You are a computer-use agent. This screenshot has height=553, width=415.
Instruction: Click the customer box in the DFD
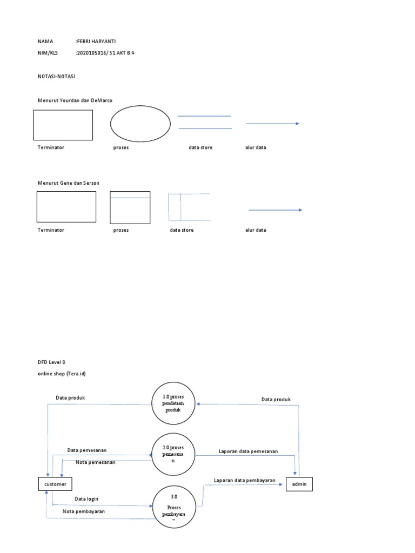(55, 484)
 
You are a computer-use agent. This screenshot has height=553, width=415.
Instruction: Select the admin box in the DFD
(299, 484)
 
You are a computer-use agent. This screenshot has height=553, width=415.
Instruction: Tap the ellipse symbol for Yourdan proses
(140, 124)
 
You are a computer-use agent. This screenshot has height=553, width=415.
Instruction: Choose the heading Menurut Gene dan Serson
(69, 183)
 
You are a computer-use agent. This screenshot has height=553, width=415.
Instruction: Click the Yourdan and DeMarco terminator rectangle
(63, 125)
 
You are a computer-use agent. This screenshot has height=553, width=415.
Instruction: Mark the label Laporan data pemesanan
(248, 451)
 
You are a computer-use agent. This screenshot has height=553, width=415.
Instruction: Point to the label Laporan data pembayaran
(245, 480)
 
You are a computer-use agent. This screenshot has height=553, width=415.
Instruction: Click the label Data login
(86, 498)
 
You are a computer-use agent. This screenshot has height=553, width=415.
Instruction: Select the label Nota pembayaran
(84, 511)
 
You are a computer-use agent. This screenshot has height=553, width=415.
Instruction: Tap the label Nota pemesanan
(96, 462)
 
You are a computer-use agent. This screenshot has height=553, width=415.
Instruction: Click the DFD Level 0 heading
(51, 362)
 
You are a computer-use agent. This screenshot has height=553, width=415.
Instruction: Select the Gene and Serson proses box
(130, 207)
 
